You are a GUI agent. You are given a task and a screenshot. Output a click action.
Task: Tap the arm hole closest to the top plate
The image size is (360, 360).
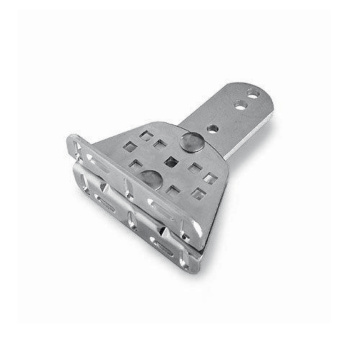(213, 128)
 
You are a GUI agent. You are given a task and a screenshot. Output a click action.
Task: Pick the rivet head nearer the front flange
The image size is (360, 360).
(150, 178)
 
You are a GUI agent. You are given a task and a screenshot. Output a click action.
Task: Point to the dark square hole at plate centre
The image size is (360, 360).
(171, 159)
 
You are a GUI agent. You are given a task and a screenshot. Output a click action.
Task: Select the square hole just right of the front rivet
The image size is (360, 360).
(174, 192)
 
